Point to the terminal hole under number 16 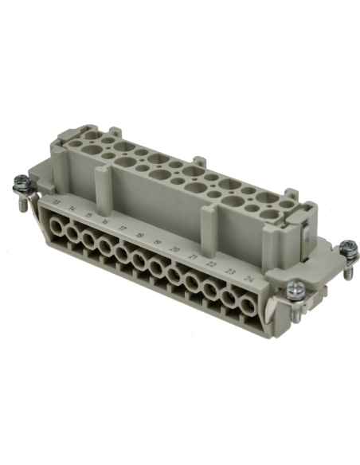point(106,248)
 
